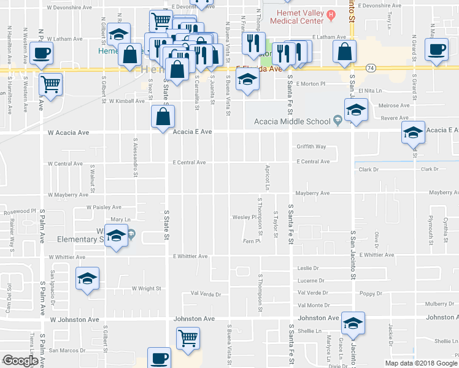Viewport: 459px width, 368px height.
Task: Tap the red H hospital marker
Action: tap(331, 13)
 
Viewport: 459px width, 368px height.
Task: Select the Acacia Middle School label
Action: tap(304, 121)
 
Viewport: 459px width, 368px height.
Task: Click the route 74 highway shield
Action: tap(371, 67)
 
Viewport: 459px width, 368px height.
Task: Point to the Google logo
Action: tap(20, 361)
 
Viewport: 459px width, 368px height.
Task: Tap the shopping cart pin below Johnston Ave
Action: tap(187, 337)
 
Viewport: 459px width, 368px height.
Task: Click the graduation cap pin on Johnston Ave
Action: tap(353, 323)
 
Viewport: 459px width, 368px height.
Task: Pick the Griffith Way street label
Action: tap(312, 147)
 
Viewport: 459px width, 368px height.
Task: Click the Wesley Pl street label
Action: tap(244, 217)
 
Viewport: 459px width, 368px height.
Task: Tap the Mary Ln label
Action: tap(121, 219)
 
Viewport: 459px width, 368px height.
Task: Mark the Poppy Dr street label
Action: tap(371, 293)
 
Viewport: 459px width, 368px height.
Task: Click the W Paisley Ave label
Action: tap(104, 207)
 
